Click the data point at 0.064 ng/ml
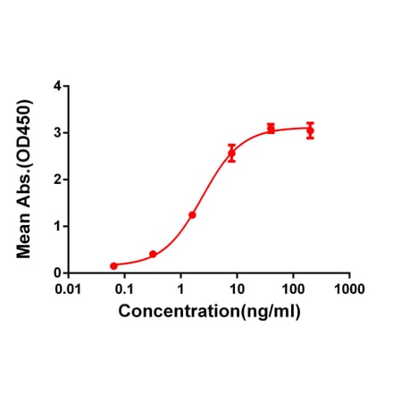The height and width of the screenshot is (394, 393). point(113,265)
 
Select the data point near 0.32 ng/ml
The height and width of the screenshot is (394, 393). point(153,255)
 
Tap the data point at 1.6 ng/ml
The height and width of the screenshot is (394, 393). point(192,214)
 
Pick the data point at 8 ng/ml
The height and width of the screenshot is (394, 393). point(231,154)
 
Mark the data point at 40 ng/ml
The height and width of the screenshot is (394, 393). point(271,129)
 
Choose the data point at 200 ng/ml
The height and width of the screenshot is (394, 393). point(310,130)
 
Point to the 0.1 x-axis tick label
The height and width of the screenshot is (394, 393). point(124,289)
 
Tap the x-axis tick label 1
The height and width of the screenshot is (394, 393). point(180,289)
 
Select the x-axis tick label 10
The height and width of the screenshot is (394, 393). point(237,289)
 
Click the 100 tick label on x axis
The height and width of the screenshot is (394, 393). point(293,289)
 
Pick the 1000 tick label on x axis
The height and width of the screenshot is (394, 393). point(348,289)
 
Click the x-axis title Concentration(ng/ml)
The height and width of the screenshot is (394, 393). point(210,312)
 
